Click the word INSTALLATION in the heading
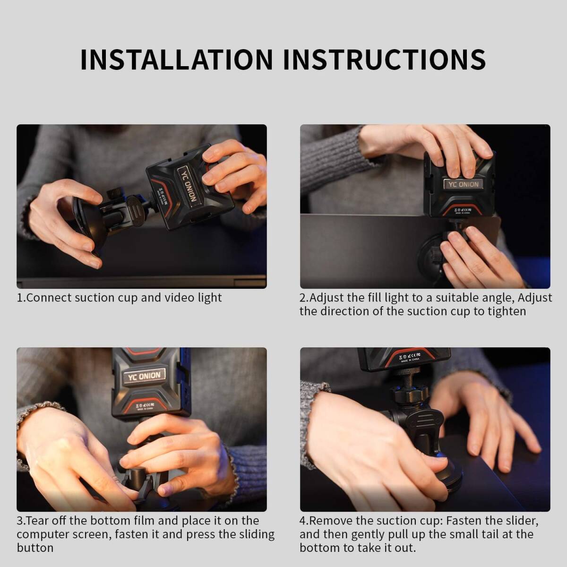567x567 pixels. pos(177,60)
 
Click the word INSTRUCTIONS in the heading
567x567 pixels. pos(384,60)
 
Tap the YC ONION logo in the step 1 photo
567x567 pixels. pos(186,185)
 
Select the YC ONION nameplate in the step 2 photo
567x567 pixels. pos(463,184)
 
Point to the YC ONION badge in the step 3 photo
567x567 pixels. pos(144,376)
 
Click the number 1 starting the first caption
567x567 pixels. pos(19,298)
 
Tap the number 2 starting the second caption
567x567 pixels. pos(303,298)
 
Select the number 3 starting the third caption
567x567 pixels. pos(20,521)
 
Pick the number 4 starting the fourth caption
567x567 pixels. pos(303,521)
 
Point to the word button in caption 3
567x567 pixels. pos(35,548)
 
